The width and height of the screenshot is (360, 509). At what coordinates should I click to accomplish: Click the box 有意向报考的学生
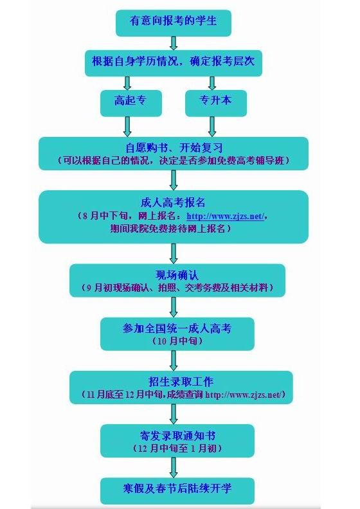click(x=174, y=22)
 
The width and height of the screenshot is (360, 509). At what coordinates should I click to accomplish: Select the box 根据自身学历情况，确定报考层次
click(x=174, y=63)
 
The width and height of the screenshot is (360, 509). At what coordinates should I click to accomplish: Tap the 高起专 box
click(x=130, y=103)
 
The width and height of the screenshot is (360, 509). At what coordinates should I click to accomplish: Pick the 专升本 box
click(x=216, y=103)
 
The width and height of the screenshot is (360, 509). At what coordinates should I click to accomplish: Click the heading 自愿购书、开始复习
click(x=174, y=148)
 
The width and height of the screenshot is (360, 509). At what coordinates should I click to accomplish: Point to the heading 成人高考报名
click(x=173, y=202)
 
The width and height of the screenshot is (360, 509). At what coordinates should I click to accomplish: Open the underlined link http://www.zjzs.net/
click(x=226, y=216)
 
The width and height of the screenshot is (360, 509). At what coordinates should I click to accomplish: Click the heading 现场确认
click(x=177, y=275)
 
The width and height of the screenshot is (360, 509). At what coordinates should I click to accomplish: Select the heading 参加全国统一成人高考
click(x=177, y=328)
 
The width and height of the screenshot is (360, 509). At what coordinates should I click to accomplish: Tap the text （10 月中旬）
click(x=177, y=341)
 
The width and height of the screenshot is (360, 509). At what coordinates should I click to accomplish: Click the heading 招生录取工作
click(x=181, y=381)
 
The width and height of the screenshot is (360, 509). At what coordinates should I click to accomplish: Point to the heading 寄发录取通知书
click(x=177, y=435)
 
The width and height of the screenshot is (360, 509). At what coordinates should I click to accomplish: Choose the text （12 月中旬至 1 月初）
click(x=177, y=449)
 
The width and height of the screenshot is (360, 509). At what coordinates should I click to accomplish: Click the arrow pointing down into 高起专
click(x=127, y=84)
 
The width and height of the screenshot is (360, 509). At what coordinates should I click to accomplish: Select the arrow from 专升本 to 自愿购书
click(x=212, y=127)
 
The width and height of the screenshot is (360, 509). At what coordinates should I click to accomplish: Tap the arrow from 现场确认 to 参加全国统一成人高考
click(x=174, y=307)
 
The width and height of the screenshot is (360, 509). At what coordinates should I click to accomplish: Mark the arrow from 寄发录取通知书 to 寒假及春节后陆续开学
click(x=174, y=467)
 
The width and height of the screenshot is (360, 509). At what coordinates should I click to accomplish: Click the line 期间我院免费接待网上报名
click(x=171, y=229)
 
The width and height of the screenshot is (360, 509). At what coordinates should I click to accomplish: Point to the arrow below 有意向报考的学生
click(x=174, y=43)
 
